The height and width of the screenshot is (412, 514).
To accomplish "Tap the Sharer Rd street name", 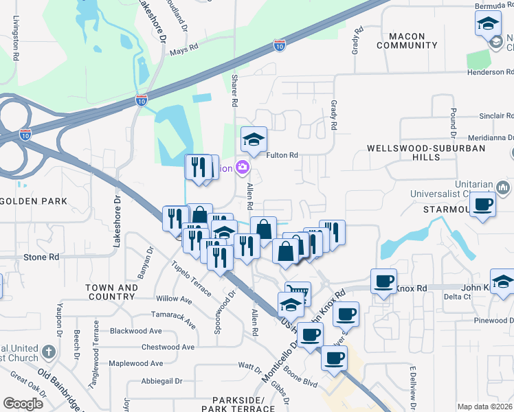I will [x=234, y=90].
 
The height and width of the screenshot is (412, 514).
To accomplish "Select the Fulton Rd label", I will [x=282, y=155].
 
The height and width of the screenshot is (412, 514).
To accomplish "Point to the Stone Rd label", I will [x=41, y=257].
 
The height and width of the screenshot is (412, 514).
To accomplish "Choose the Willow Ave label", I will [x=174, y=299].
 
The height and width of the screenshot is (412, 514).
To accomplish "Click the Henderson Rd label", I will [x=489, y=71].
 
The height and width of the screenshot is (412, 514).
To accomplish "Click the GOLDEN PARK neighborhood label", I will [x=34, y=201].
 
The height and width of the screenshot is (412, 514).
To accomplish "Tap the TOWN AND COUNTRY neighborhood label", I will [x=111, y=292].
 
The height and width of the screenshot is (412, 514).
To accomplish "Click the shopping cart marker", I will [x=298, y=292].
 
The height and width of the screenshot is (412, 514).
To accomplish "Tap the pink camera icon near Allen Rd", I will [x=242, y=167].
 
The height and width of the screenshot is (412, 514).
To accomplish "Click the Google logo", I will [x=23, y=404].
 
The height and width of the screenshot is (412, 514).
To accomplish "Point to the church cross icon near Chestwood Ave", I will [x=48, y=352].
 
